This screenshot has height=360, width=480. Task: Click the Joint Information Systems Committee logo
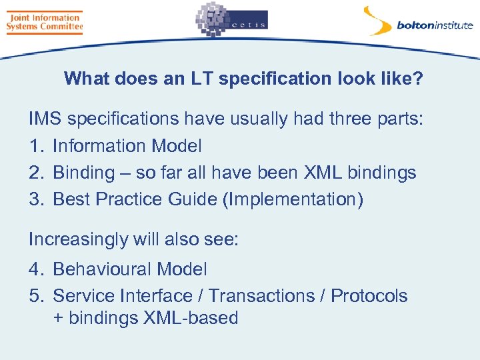[44, 22]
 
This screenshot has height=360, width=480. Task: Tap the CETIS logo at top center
[231, 20]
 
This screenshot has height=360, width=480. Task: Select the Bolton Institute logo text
[434, 26]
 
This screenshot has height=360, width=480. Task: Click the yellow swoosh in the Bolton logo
[377, 20]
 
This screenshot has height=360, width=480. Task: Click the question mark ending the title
[418, 79]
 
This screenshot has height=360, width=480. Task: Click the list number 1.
[35, 146]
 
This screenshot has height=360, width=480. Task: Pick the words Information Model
[127, 146]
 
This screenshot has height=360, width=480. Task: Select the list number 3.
[35, 199]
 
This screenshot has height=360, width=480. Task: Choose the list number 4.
[35, 269]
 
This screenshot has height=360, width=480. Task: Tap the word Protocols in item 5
[369, 296]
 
